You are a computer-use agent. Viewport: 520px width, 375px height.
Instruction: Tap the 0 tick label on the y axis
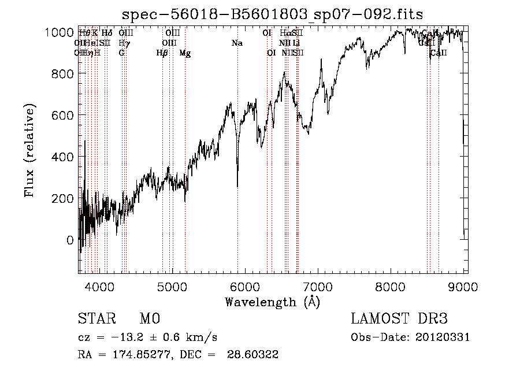pos(70,240)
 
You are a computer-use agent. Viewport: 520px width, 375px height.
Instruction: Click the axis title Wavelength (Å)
pos(272,302)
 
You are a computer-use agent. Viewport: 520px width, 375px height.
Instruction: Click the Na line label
pos(237,43)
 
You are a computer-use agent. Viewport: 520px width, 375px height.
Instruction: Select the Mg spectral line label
pos(185,53)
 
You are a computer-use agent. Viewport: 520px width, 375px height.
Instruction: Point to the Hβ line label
pos(162,53)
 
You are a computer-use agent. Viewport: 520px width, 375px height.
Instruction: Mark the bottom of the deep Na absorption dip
pos(237,186)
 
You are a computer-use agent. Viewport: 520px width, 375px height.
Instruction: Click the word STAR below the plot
pos(96,319)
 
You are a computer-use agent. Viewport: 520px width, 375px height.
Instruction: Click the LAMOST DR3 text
pos(399,319)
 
